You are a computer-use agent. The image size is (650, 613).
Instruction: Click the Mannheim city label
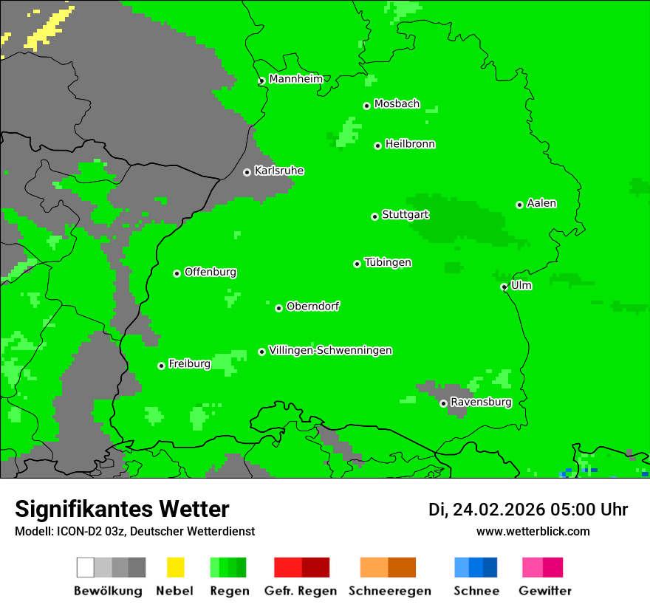(x=295, y=79)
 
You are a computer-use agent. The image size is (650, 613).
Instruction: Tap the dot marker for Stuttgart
(x=375, y=216)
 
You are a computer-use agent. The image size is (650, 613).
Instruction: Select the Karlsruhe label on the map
(x=278, y=171)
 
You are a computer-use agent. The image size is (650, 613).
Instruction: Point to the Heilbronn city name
(x=410, y=144)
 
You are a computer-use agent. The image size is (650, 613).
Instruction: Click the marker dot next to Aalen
(x=520, y=205)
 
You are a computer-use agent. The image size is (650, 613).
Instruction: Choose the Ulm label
(x=521, y=285)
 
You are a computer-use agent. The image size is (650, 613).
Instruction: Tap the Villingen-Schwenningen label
(x=330, y=350)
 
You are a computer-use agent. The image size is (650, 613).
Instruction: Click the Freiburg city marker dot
(x=162, y=366)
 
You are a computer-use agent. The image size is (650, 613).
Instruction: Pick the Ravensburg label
(x=481, y=402)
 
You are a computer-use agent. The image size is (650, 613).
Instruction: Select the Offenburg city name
(x=211, y=272)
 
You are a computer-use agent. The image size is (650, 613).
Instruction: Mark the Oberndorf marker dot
(x=279, y=308)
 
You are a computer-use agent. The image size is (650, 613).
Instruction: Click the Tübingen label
(x=388, y=262)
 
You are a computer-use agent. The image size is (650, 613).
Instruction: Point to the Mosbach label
(x=397, y=104)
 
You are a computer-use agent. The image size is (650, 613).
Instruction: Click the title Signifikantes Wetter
(x=122, y=509)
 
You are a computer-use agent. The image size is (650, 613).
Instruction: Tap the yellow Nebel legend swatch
(x=175, y=567)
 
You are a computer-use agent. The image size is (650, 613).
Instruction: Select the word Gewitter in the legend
(x=545, y=591)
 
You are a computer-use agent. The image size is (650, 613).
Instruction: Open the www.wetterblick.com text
(x=533, y=531)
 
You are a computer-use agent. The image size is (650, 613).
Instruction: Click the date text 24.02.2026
(x=499, y=510)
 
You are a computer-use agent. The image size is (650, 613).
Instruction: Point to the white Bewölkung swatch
(x=86, y=567)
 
